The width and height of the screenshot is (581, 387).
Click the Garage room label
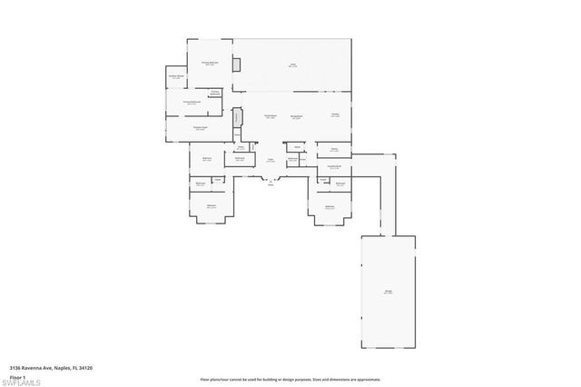pyautogui.click(x=388, y=291)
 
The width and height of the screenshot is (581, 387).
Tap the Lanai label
pyautogui.click(x=293, y=64)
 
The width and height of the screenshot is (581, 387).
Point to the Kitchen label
pyautogui.click(x=335, y=114)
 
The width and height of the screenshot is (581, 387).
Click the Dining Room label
pyautogui.click(x=296, y=116)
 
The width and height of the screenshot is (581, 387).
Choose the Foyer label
pyautogui.click(x=270, y=160)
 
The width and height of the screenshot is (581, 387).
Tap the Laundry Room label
pyautogui.click(x=334, y=166)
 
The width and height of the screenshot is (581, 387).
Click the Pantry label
pyautogui.click(x=334, y=148)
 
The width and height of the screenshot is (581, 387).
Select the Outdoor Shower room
pyautogui.click(x=177, y=76)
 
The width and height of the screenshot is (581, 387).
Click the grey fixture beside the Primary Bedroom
pyautogui.click(x=237, y=64)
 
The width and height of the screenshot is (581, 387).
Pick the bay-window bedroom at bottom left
pyautogui.click(x=212, y=206)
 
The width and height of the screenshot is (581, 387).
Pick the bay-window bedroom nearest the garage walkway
pyautogui.click(x=330, y=207)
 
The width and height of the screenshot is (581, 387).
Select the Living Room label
pyautogui.click(x=270, y=116)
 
